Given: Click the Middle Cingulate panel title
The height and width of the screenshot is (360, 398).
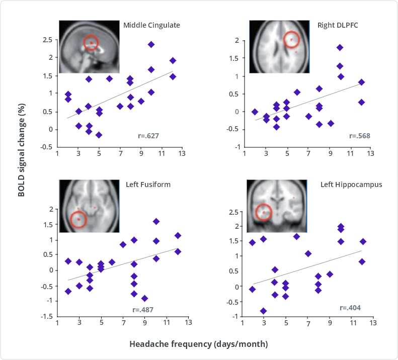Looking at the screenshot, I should [x=151, y=25].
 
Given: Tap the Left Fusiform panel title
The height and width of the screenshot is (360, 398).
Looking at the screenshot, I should [x=148, y=185].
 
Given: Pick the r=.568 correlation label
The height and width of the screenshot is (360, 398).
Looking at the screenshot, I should [x=358, y=136].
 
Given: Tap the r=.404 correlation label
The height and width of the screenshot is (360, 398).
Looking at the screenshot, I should [x=350, y=307].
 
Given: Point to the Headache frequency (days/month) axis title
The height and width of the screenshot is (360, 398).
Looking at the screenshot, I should [x=198, y=344].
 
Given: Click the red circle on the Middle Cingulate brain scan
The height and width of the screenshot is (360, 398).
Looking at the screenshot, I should [x=91, y=44].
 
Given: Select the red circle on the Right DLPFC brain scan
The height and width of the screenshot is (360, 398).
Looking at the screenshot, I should [x=291, y=39].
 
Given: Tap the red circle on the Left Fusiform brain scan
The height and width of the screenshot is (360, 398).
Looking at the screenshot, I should [x=78, y=220].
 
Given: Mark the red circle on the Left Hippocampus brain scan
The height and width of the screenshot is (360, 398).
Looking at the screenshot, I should [x=264, y=212].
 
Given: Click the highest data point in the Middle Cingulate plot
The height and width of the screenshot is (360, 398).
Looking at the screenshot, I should [x=151, y=45].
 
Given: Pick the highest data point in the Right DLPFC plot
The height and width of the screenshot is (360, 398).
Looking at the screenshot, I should [x=340, y=48].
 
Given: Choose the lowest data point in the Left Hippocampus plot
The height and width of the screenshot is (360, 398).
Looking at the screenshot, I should [x=263, y=311].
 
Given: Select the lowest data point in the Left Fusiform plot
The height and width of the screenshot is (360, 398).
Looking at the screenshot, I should [x=145, y=298].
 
